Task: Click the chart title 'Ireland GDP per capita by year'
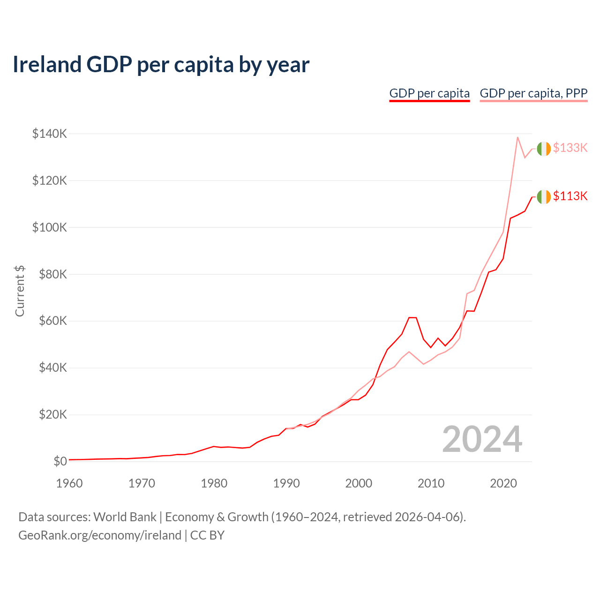click(161, 64)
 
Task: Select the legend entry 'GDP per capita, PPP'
click(533, 93)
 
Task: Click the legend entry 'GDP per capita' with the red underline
click(429, 93)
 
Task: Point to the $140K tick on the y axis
click(50, 134)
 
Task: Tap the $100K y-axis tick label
click(50, 227)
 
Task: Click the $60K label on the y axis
click(52, 321)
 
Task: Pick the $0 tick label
click(60, 461)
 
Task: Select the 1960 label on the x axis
click(69, 483)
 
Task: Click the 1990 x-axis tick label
click(286, 483)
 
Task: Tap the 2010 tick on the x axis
click(431, 483)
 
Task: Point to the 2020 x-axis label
click(503, 483)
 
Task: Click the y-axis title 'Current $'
click(20, 291)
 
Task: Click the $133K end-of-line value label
click(570, 148)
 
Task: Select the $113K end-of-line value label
click(570, 196)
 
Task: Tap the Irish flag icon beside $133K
click(544, 149)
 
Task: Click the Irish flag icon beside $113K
click(544, 197)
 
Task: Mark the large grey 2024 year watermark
click(482, 439)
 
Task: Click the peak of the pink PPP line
click(517, 137)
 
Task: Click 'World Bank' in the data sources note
click(125, 517)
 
